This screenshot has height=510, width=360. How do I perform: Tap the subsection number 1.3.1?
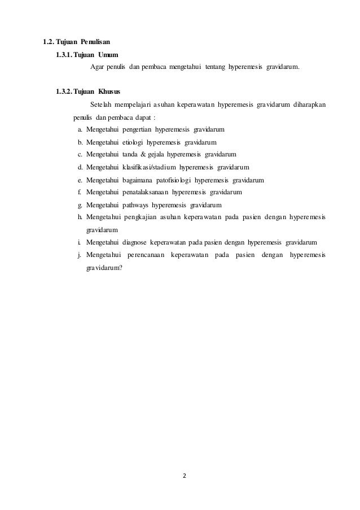coord(63,54)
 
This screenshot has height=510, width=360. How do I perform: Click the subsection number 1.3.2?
coord(63,91)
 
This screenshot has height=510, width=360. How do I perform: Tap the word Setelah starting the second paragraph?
coord(101,104)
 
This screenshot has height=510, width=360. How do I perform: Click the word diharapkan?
coord(309,104)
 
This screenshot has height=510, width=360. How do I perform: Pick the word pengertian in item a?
coord(138,129)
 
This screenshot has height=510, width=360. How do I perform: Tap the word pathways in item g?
coord(135,204)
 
